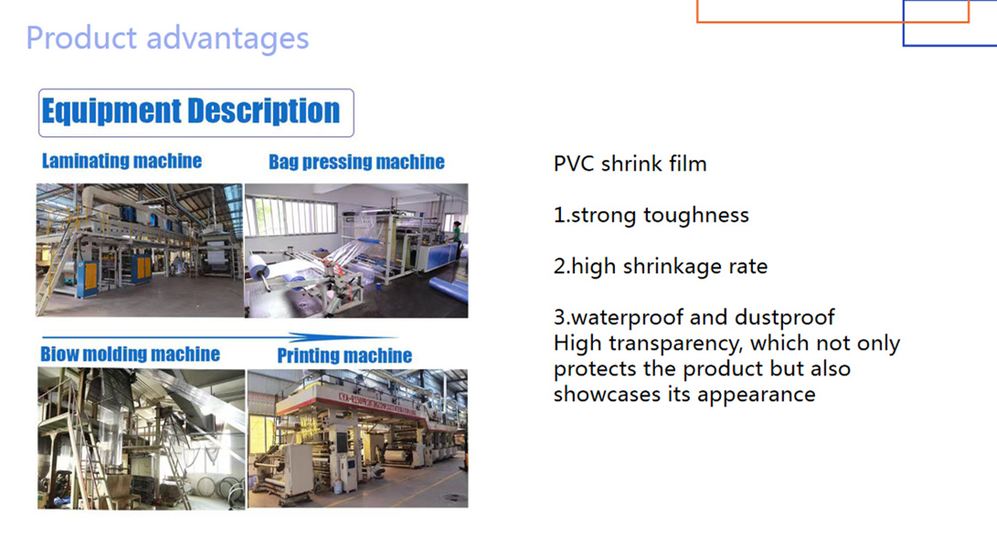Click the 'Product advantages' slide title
[x=167, y=38]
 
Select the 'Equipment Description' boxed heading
[x=196, y=113]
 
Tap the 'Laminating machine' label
[x=122, y=162]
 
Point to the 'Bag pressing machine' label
[x=356, y=163]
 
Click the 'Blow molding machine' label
[x=131, y=354]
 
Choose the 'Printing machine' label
[x=345, y=355]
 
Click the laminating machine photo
[x=139, y=250]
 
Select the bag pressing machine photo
[x=356, y=250]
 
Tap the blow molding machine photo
[x=141, y=438]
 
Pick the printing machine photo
[x=358, y=438]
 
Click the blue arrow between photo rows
[x=219, y=337]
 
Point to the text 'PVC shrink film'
[x=631, y=164]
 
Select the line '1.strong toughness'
[x=651, y=216]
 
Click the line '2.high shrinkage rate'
[x=661, y=267]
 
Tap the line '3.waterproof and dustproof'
[x=695, y=317]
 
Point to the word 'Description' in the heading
[x=264, y=112]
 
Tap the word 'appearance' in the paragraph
[x=757, y=395]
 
